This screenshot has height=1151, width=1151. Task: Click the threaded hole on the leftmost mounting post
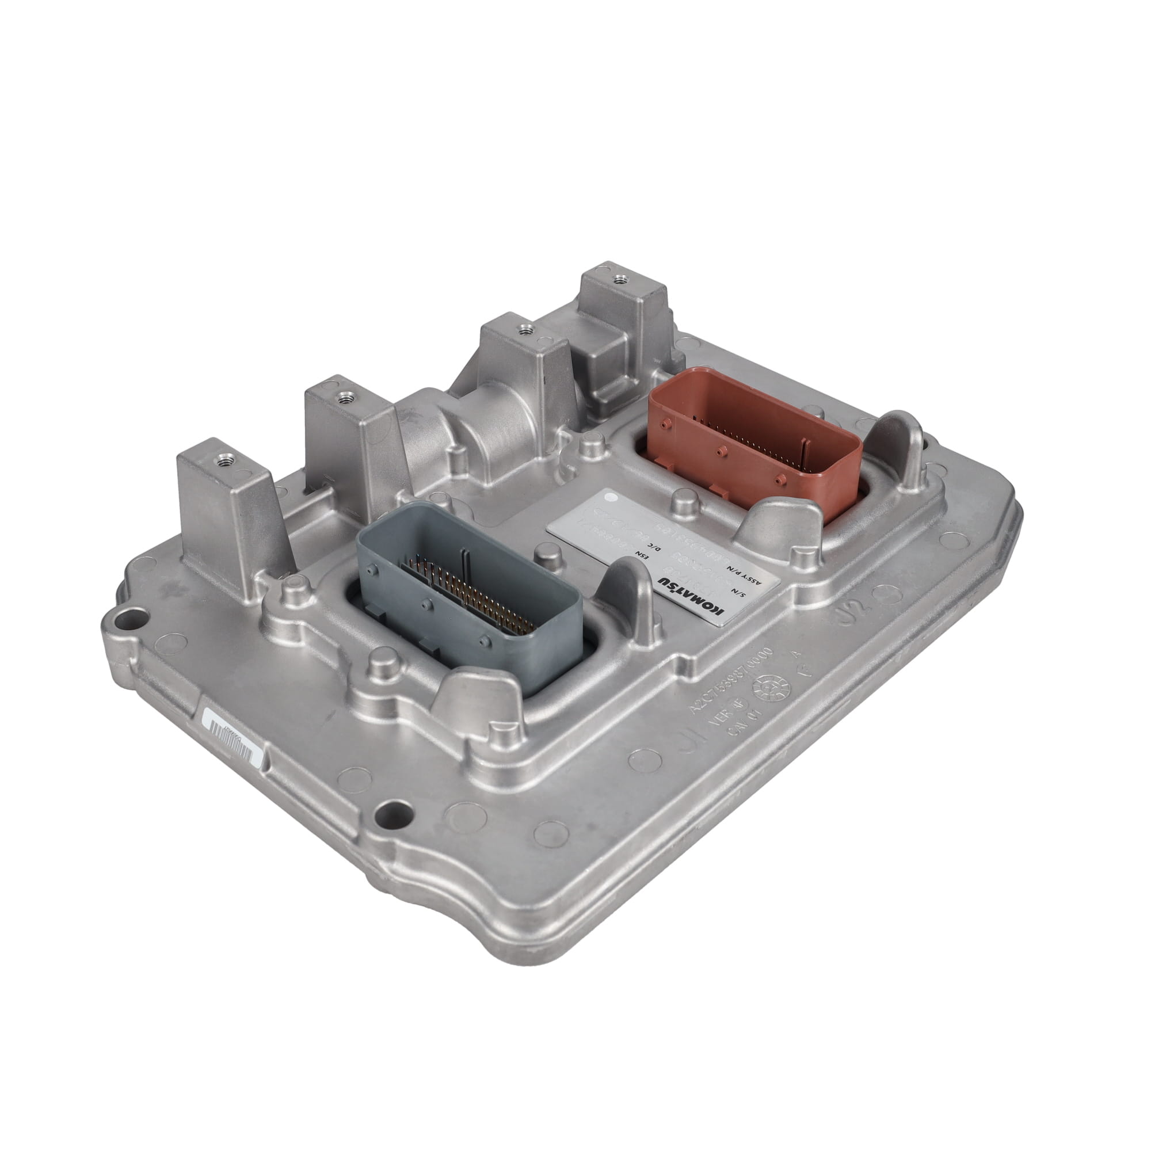224,459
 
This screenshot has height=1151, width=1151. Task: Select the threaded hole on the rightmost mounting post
620,277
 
